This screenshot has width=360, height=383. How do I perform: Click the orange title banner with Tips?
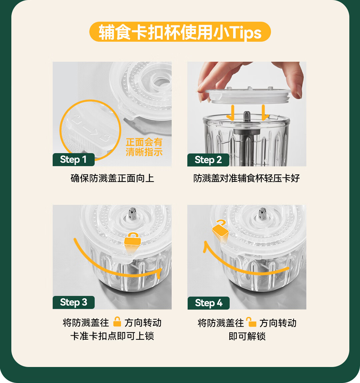(x=180, y=32)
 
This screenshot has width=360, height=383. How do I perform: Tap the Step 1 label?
(x=73, y=159)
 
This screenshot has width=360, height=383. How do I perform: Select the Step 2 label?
(x=208, y=160)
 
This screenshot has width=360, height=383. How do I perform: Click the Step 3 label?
(x=73, y=302)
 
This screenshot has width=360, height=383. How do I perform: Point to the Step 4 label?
(x=208, y=303)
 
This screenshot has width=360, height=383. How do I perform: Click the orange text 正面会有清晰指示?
(x=144, y=147)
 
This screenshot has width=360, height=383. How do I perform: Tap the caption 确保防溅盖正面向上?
(x=112, y=178)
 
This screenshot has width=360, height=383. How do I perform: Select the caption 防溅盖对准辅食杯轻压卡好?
(x=247, y=178)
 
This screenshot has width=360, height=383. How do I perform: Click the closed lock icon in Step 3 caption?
(x=117, y=322)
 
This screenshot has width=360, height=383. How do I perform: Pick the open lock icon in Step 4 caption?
(x=251, y=322)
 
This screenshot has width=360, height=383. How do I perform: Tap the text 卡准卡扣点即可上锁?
(x=112, y=336)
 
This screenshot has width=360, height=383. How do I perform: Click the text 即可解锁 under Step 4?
(x=247, y=336)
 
